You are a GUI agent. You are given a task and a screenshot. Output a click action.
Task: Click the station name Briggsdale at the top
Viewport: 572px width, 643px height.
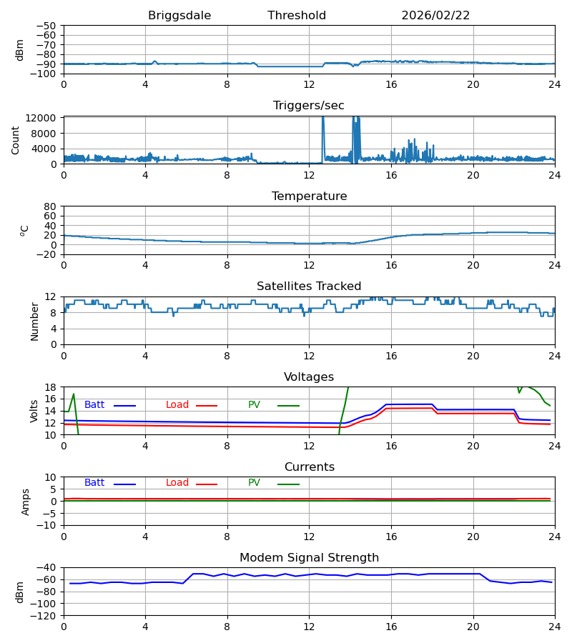pyautogui.click(x=179, y=16)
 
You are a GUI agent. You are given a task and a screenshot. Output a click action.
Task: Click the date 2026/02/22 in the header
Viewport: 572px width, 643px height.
pyautogui.click(x=435, y=16)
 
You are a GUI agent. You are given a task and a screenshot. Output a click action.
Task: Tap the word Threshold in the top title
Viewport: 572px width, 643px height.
pyautogui.click(x=297, y=16)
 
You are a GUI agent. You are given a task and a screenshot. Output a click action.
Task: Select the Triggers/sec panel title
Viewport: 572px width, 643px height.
pyautogui.click(x=309, y=106)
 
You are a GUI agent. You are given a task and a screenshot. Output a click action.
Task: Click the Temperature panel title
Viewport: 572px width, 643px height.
pyautogui.click(x=309, y=196)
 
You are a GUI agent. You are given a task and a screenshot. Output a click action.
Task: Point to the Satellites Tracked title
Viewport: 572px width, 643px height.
pyautogui.click(x=309, y=286)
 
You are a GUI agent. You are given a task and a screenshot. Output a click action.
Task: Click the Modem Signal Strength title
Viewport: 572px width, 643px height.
pyautogui.click(x=309, y=558)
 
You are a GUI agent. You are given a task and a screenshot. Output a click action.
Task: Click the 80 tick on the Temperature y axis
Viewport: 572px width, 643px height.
pyautogui.click(x=51, y=206)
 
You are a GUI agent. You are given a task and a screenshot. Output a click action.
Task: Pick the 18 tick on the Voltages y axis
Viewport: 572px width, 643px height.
pyautogui.click(x=51, y=387)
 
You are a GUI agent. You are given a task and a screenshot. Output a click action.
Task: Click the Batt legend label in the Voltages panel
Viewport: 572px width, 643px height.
pyautogui.click(x=94, y=405)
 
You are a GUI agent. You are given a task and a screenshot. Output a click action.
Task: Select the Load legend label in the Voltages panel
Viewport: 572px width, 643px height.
pyautogui.click(x=177, y=405)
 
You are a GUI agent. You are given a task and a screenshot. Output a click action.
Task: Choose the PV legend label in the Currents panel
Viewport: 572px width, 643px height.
pyautogui.click(x=254, y=483)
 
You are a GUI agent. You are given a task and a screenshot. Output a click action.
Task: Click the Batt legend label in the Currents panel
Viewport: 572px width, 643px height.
pyautogui.click(x=94, y=483)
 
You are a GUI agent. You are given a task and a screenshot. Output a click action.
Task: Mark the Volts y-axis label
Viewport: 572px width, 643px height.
pyautogui.click(x=34, y=411)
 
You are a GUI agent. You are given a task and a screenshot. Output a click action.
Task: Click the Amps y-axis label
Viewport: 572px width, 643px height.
pyautogui.click(x=26, y=502)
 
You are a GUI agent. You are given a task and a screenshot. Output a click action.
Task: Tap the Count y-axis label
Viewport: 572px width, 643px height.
pyautogui.click(x=16, y=140)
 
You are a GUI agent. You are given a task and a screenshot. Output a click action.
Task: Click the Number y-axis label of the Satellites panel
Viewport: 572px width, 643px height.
pyautogui.click(x=34, y=321)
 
